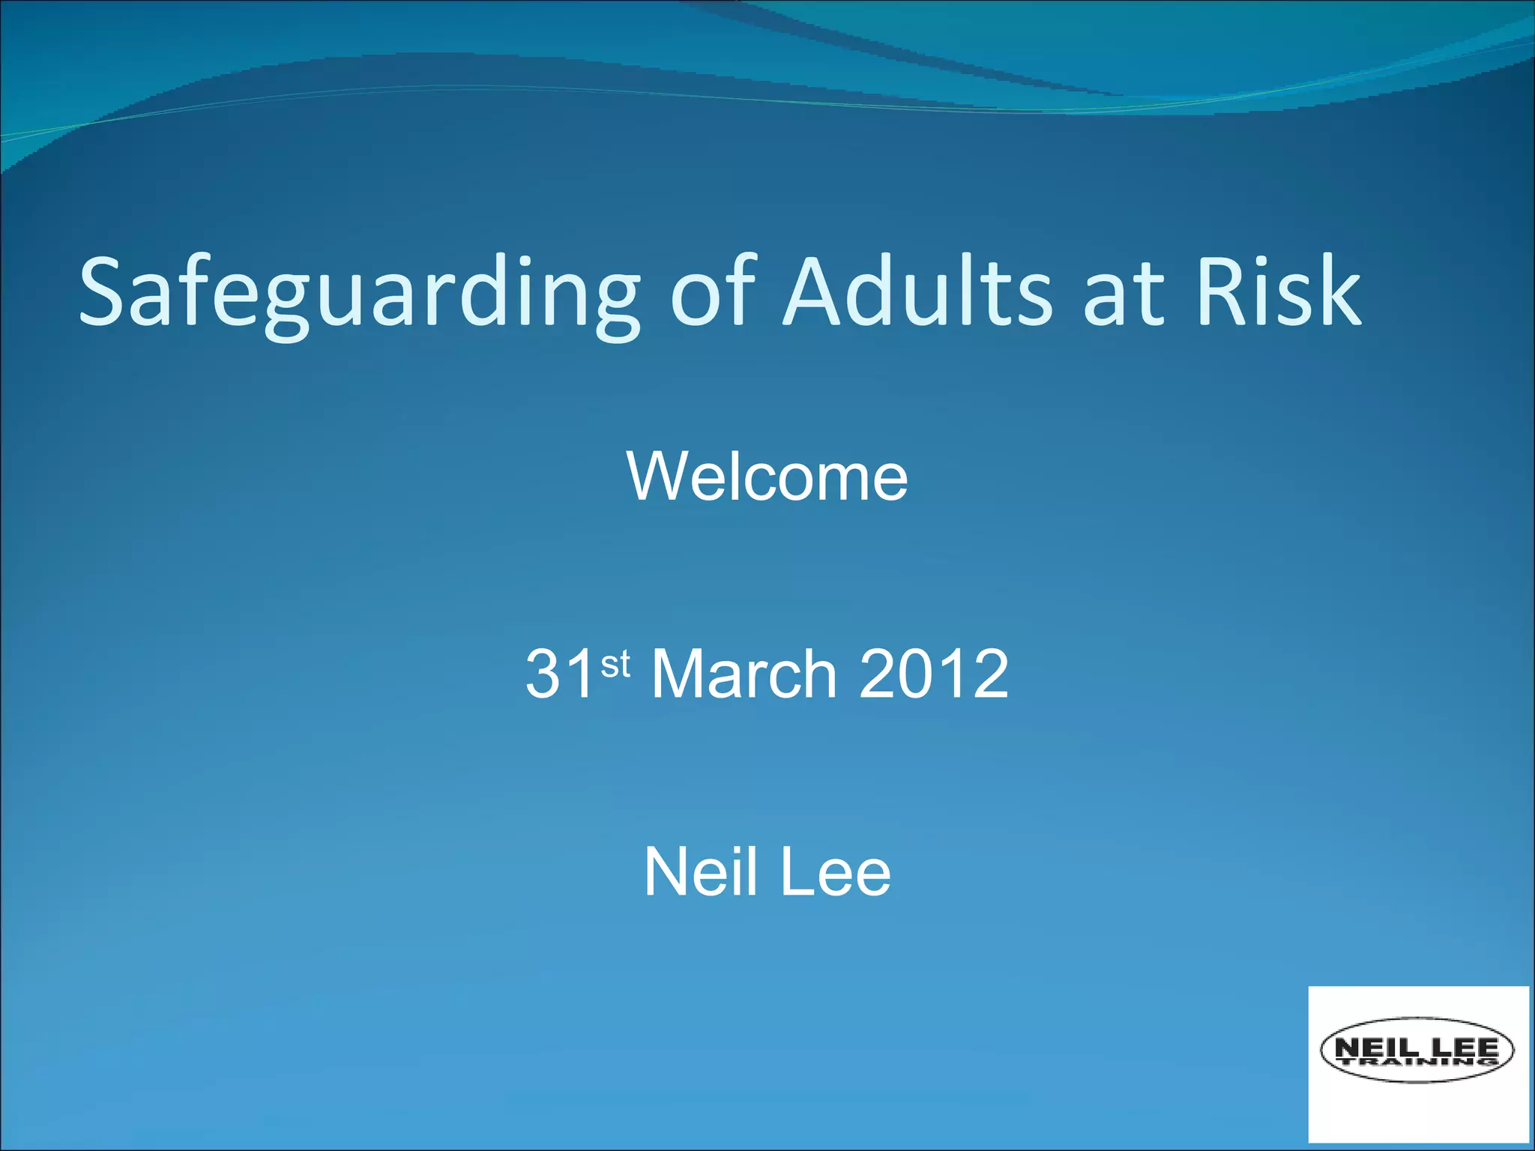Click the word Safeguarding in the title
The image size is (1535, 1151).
tap(360, 294)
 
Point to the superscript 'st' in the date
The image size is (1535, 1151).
tap(615, 664)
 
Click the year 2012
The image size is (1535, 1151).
tap(934, 674)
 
